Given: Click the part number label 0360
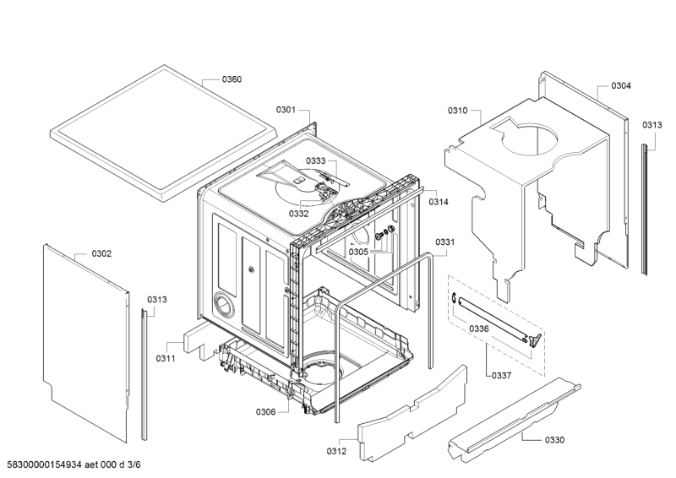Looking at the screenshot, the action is click(x=232, y=79).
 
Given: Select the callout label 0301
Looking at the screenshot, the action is click(x=286, y=110).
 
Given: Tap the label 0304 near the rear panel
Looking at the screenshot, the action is click(x=621, y=86).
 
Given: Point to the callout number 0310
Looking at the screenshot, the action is click(x=457, y=111).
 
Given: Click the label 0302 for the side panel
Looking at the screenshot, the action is click(x=101, y=254).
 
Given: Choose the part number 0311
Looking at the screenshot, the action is click(x=166, y=358).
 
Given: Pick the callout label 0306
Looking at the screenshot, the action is click(x=265, y=412).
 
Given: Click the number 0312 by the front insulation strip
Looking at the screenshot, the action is click(x=336, y=451).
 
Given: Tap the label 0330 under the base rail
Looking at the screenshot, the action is click(x=554, y=440).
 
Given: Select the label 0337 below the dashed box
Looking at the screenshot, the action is click(x=501, y=376).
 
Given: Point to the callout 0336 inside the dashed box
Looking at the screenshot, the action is click(x=479, y=329).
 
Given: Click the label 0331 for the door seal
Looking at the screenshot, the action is click(x=445, y=242).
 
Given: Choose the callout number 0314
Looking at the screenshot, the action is click(x=439, y=202).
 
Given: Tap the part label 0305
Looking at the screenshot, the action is click(x=358, y=253).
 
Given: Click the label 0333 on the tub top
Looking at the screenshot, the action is click(x=316, y=161).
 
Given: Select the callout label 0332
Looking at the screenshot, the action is click(x=299, y=214).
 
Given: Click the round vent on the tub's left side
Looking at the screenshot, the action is click(x=224, y=305).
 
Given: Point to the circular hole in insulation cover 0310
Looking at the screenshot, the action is click(x=530, y=140).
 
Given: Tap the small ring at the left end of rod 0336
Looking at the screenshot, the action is click(x=454, y=297).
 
